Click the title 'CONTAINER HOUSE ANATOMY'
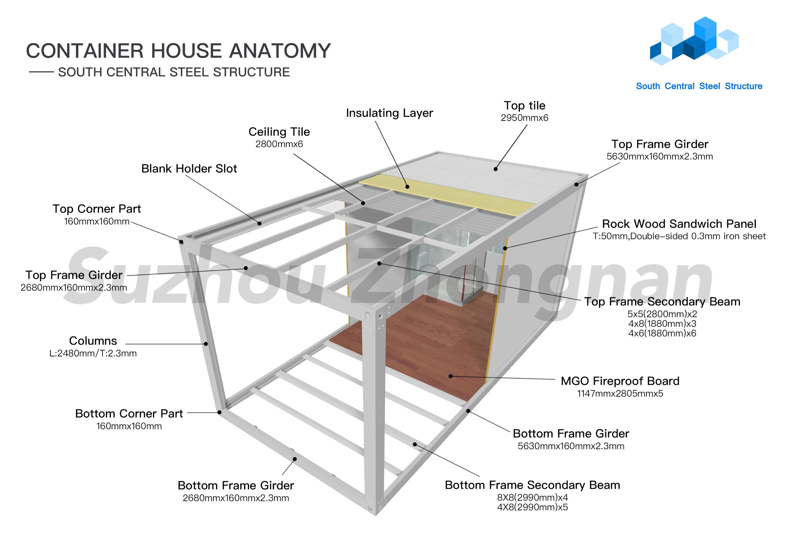click(178, 51)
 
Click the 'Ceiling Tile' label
click(279, 132)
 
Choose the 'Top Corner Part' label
click(96, 209)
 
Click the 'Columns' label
click(93, 341)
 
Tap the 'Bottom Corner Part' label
click(129, 414)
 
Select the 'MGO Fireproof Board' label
click(620, 381)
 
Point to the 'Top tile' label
click(524, 105)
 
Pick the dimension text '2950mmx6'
click(524, 118)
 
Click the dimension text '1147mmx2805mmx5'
click(620, 393)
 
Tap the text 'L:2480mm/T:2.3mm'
click(93, 353)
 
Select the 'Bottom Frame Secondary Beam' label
click(532, 485)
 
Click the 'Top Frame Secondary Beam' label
click(662, 301)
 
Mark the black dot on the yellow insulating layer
click(407, 187)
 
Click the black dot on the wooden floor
click(450, 376)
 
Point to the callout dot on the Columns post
click(206, 344)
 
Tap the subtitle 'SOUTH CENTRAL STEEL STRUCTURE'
click(174, 72)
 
